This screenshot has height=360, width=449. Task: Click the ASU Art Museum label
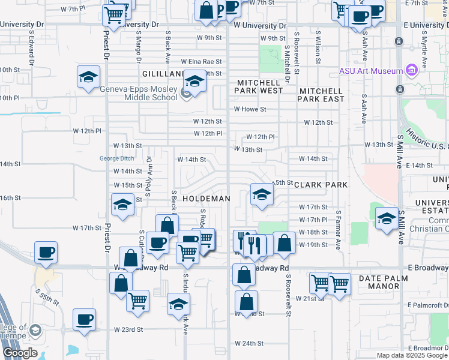click(x=370, y=71)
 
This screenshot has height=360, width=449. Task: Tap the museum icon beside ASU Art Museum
click(x=411, y=70)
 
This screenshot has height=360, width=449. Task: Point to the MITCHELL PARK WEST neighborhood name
click(x=259, y=86)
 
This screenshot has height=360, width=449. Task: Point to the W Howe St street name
click(x=250, y=109)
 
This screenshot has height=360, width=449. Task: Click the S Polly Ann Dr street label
click(x=149, y=172)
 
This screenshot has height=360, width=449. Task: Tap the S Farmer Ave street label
click(x=339, y=230)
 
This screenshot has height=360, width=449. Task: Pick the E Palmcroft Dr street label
click(x=427, y=305)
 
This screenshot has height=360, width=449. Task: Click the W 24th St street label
click(x=249, y=343)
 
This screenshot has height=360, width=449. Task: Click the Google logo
click(x=20, y=353)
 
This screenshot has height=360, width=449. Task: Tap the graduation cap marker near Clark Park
click(x=261, y=193)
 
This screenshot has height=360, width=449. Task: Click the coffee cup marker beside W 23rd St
click(x=84, y=319)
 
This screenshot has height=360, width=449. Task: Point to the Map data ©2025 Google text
click(x=411, y=355)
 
